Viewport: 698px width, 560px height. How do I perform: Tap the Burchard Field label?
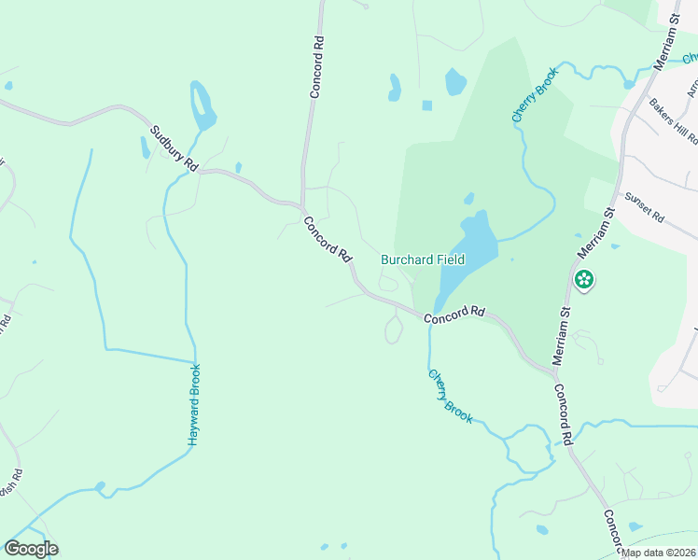pos(423,260)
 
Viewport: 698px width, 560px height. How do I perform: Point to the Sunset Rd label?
pos(644,208)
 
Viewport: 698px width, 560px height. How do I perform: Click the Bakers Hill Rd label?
pos(674,122)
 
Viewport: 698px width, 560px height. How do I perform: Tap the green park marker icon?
pos(584,278)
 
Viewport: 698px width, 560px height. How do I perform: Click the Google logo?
pos(31,549)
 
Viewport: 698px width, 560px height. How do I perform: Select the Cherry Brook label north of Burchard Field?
pos(534,94)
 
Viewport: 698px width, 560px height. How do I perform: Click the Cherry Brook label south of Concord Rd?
pos(451,395)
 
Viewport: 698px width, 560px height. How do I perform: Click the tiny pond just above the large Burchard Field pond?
pos(468,199)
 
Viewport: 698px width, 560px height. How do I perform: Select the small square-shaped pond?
pos(426,105)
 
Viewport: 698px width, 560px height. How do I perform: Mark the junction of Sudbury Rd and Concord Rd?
pos(300,205)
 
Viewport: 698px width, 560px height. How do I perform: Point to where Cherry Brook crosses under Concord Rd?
pos(430,315)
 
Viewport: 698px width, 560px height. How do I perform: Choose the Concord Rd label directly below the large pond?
pos(455,315)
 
